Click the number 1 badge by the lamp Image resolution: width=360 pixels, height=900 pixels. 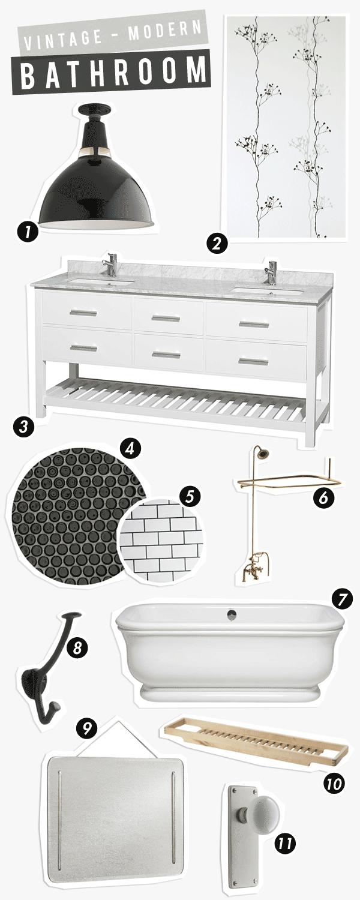27,232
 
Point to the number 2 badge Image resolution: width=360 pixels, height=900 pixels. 217,244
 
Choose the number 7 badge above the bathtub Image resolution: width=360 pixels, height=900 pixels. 342,600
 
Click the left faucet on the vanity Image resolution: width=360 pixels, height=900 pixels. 109,265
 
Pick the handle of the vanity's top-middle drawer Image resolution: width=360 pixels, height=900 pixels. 166,319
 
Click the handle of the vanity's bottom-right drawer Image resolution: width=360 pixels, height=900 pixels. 254,362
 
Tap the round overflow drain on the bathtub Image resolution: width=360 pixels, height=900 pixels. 232,613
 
